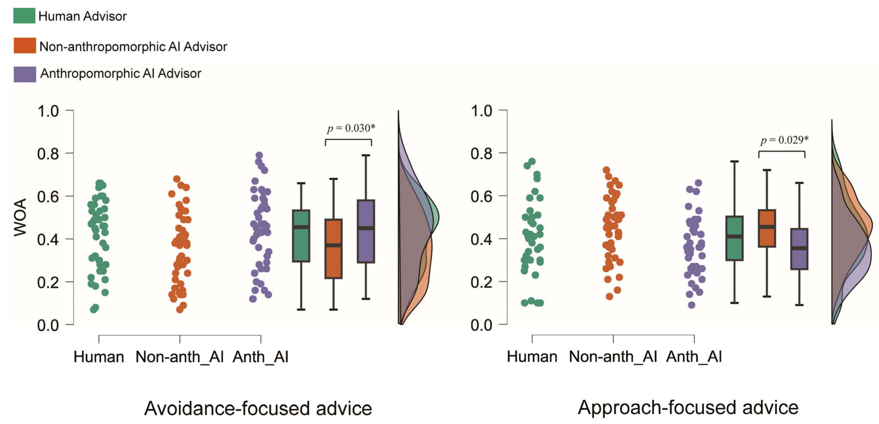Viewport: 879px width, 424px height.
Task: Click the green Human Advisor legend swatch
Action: tap(24, 16)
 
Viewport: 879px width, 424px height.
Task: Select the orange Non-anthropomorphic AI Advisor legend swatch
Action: tap(24, 45)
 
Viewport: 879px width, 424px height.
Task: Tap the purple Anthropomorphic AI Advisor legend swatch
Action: tap(24, 74)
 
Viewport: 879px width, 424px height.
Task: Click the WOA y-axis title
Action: tap(20, 217)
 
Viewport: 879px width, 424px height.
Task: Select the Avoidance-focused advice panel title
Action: tap(258, 408)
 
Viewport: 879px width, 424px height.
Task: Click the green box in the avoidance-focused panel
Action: tap(301, 236)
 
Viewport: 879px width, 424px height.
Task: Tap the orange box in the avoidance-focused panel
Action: tap(333, 249)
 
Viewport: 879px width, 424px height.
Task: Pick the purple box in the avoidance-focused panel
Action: tap(366, 231)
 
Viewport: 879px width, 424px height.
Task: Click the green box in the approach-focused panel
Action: tap(734, 238)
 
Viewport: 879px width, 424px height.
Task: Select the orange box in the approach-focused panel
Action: tap(767, 228)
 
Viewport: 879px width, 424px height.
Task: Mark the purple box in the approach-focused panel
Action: tap(799, 249)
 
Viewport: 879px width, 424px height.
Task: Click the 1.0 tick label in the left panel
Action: tap(48, 111)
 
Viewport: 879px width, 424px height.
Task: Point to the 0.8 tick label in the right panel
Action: tap(482, 154)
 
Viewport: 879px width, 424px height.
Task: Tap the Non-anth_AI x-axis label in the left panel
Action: tap(179, 357)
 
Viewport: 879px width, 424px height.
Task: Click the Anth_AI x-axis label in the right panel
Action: tap(694, 357)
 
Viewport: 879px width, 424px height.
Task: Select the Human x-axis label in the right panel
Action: tap(532, 357)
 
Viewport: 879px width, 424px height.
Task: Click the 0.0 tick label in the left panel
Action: tap(48, 325)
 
